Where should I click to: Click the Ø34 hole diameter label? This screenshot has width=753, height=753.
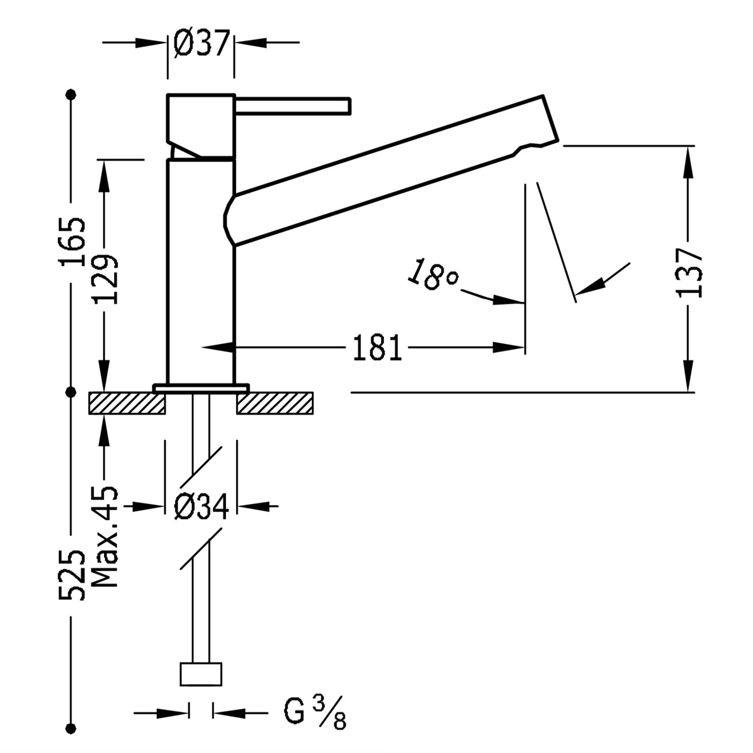(200, 505)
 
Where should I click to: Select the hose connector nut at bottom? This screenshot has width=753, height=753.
(201, 675)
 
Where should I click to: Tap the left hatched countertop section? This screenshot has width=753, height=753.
(126, 403)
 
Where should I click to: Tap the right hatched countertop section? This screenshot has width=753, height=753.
(274, 403)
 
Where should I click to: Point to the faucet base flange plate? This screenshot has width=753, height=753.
(201, 388)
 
